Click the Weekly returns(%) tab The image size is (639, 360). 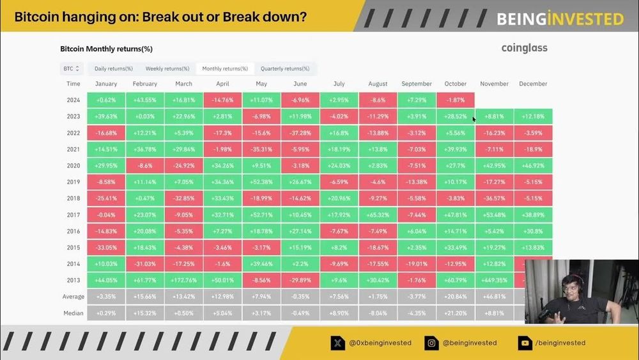click(x=167, y=68)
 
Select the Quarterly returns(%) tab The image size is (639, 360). click(x=285, y=68)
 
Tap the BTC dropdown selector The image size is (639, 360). click(x=71, y=68)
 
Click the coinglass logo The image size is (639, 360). click(x=524, y=48)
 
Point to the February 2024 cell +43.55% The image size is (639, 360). click(x=145, y=100)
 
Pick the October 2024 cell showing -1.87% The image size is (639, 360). click(x=456, y=100)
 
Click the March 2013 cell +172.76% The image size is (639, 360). click(x=183, y=279)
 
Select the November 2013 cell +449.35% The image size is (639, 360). click(x=494, y=279)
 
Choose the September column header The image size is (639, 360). click(x=417, y=84)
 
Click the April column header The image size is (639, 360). click(x=222, y=84)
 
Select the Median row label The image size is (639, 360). click(x=73, y=313)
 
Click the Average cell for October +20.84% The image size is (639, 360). click(x=456, y=297)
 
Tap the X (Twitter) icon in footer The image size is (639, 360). click(x=337, y=343)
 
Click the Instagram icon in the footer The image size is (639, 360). click(x=432, y=343)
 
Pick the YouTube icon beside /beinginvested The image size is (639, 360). click(x=525, y=343)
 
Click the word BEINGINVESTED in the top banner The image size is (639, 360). click(x=560, y=19)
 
